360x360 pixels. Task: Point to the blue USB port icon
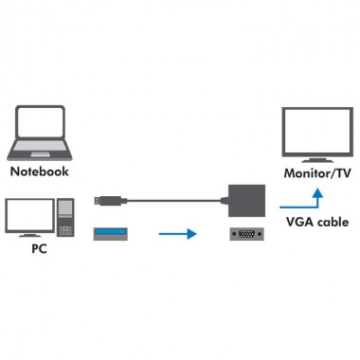coord(111,231)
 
